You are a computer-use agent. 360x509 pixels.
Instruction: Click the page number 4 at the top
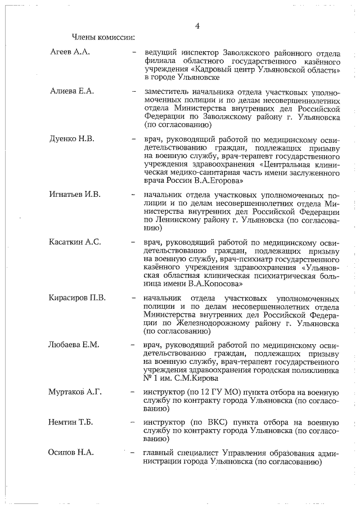(x=197, y=25)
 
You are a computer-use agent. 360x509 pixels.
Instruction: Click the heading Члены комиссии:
(x=103, y=38)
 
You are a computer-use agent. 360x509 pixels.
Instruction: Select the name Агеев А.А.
(x=70, y=52)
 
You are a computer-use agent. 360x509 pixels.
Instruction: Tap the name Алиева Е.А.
(x=71, y=91)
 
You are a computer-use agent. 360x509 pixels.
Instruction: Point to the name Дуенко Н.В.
(x=72, y=139)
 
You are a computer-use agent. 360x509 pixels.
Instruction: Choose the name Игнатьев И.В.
(x=75, y=195)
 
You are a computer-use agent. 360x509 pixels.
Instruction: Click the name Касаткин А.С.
(x=75, y=242)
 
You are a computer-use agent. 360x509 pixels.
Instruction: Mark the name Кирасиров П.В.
(x=78, y=298)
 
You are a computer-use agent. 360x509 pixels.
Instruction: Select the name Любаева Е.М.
(x=74, y=345)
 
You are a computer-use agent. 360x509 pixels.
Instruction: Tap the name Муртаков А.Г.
(x=75, y=392)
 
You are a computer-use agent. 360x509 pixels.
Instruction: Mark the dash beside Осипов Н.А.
(x=133, y=453)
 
